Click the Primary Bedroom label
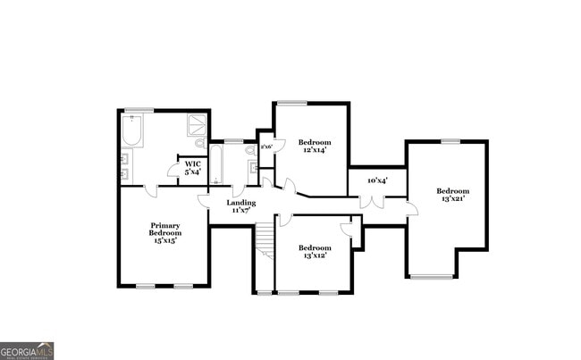(x=164, y=232)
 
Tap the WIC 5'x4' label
(x=193, y=168)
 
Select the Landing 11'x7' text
(x=240, y=206)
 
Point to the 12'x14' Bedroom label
(x=314, y=146)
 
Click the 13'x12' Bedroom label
(x=314, y=251)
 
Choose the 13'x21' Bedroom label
(x=452, y=194)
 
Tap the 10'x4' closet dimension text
(x=377, y=180)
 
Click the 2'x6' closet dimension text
(x=265, y=146)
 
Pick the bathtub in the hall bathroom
(x=216, y=165)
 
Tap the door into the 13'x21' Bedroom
(x=411, y=209)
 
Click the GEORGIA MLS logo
(x=27, y=350)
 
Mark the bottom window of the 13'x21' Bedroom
(x=431, y=276)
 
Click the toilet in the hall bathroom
(x=251, y=152)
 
